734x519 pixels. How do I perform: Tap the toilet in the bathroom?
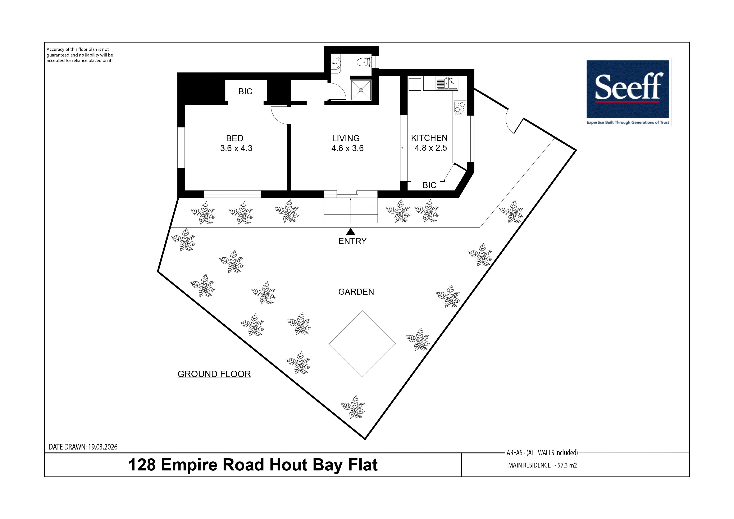coord(364,62)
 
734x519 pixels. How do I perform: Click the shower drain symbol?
coord(361,90)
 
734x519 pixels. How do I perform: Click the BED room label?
coord(235,139)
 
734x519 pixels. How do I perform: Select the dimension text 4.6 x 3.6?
coord(347,148)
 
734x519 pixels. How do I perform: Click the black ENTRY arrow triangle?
coord(351,231)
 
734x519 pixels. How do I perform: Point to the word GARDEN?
coord(356,292)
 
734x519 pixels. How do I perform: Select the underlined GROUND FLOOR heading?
coord(214,374)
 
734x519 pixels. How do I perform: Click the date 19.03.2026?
coord(103,447)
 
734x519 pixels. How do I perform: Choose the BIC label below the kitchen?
coord(429,185)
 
